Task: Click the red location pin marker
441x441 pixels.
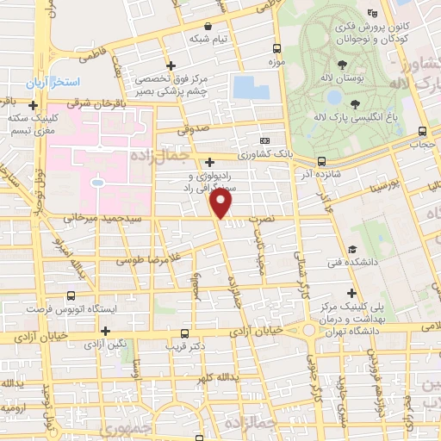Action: [x=222, y=203]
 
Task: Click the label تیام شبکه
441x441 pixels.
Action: [x=209, y=39]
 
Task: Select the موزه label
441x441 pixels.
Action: [x=276, y=63]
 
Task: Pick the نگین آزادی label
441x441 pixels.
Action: [x=105, y=344]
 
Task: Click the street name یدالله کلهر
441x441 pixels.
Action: [x=214, y=378]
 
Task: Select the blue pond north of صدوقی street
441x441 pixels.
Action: [x=251, y=87]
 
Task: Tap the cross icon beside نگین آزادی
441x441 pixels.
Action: [x=105, y=331]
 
